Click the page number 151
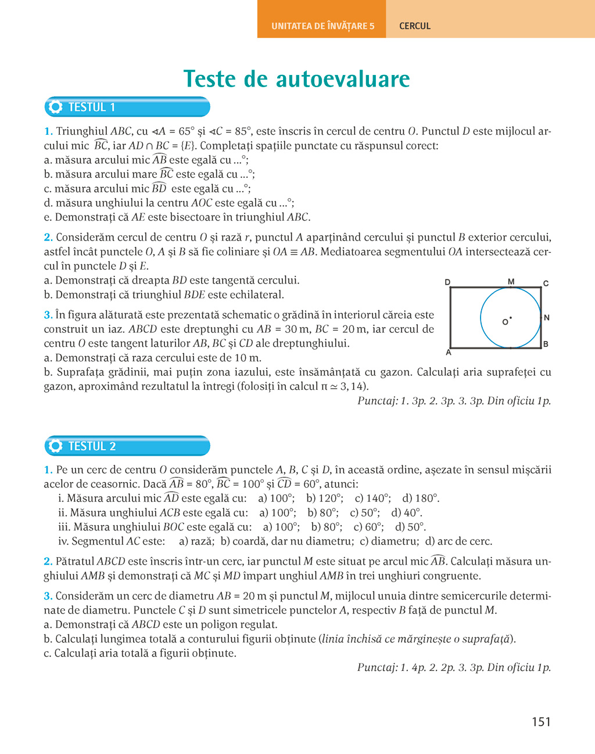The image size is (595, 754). coord(540,722)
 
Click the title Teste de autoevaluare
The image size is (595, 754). coord(297,79)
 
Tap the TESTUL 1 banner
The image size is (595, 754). coord(127,107)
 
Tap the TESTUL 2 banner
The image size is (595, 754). coord(127,446)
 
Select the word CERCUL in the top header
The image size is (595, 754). coord(415,26)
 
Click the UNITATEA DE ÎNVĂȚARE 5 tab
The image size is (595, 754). coord(322,26)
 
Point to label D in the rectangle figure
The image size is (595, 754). coord(447,282)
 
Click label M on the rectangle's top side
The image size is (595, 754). coord(511,282)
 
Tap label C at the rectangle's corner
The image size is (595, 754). coord(546,283)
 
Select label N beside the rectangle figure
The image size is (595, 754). coord(546,318)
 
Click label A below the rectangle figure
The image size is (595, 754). coord(448,352)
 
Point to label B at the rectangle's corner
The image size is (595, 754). coord(546,344)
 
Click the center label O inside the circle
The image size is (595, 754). coord(505,322)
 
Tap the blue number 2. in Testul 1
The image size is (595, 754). coord(48,238)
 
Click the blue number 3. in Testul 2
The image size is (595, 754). coord(48,596)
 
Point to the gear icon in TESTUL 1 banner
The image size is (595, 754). coord(56,107)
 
